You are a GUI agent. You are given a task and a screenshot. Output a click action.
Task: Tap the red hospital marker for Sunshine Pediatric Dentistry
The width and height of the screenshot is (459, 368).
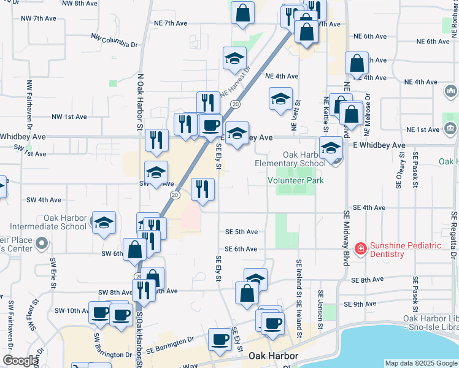pyautogui.click(x=360, y=249)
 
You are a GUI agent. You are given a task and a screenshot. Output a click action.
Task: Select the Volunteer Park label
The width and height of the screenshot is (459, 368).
pyautogui.click(x=295, y=180)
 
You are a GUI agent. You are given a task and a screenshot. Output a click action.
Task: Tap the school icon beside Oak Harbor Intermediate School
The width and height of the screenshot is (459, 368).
pyautogui.click(x=103, y=223)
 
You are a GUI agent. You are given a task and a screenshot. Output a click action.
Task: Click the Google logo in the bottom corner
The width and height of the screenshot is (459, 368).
pyautogui.click(x=20, y=361)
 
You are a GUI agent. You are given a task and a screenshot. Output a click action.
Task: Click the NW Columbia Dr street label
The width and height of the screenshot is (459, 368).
pyautogui.click(x=114, y=40)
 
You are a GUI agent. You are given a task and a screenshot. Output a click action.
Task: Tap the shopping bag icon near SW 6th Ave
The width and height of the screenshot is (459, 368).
pyautogui.click(x=135, y=250)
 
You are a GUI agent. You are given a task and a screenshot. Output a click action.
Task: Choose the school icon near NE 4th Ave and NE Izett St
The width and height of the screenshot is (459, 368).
pyautogui.click(x=280, y=98)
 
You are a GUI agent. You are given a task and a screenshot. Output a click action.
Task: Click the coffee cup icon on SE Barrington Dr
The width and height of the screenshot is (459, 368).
pyautogui.click(x=219, y=339)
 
